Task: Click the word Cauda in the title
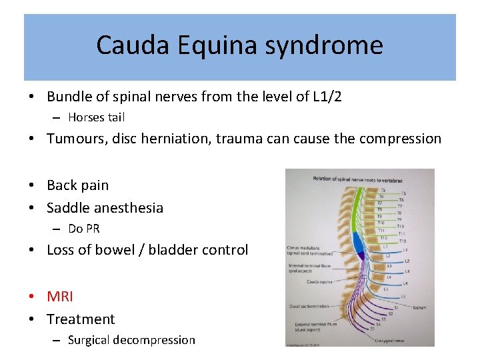coord(133,45)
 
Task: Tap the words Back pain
coord(77,185)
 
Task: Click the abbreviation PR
coord(93,229)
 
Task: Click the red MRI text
coord(60,296)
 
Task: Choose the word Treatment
coord(81,319)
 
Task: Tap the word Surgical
coord(89,340)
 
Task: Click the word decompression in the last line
coord(154,340)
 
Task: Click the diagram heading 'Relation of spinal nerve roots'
coord(357,178)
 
